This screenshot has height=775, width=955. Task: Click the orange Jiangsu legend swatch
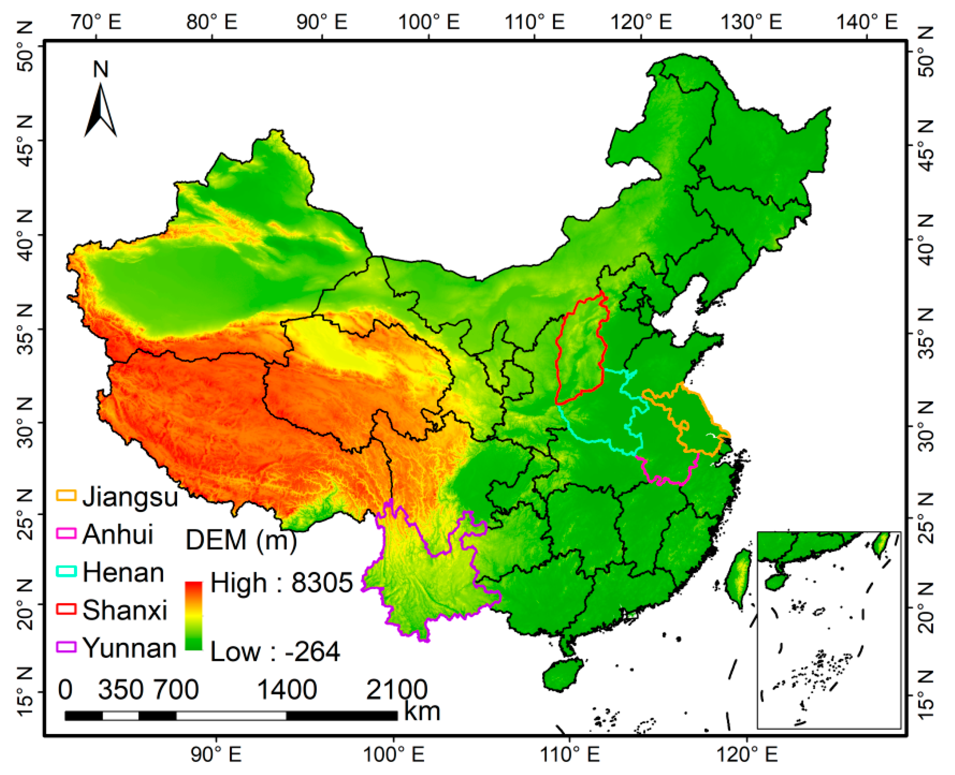(66, 495)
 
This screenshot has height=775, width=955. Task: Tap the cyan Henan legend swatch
(66, 571)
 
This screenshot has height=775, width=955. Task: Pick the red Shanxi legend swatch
(66, 609)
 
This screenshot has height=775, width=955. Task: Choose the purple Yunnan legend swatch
(66, 646)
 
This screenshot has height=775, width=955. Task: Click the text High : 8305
(281, 583)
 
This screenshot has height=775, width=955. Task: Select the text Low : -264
(275, 652)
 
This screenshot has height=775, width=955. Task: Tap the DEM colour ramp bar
(194, 616)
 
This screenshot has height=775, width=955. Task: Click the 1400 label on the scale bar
(287, 690)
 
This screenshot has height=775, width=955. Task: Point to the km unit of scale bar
(422, 711)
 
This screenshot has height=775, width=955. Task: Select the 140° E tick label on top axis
(866, 21)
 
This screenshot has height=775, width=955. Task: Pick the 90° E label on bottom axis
(216, 755)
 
